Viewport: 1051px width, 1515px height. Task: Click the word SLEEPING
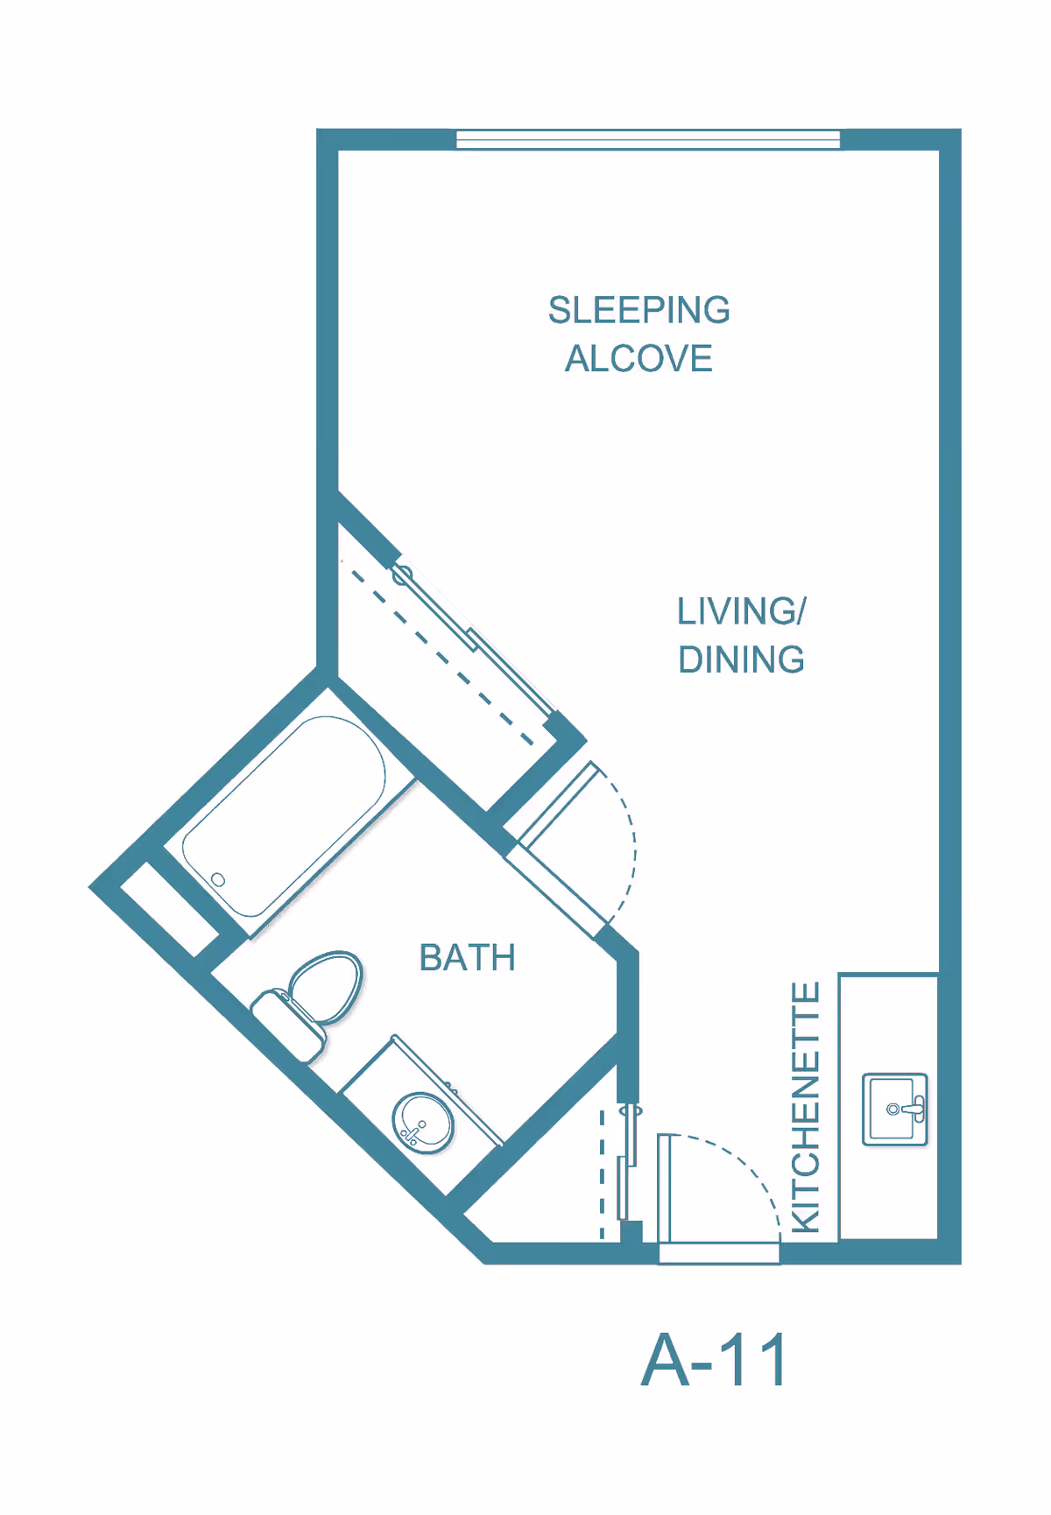(x=638, y=310)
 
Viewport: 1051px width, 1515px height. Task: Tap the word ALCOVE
(x=638, y=359)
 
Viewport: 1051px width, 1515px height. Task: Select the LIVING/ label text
(x=741, y=611)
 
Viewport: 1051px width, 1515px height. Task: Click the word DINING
(x=741, y=660)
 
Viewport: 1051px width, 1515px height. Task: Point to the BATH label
(x=467, y=958)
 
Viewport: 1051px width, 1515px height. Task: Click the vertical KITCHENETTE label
(x=806, y=1107)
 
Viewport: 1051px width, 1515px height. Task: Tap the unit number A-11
(x=715, y=1360)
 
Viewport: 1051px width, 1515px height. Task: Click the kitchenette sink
(x=893, y=1110)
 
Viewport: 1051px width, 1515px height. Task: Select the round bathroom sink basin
(x=423, y=1123)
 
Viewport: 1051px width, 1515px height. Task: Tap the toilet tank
(x=288, y=1025)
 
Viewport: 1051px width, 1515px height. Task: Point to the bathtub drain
(x=218, y=879)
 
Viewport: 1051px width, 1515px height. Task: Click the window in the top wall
(x=648, y=139)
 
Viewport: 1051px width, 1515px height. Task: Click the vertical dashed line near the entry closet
(x=602, y=1173)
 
